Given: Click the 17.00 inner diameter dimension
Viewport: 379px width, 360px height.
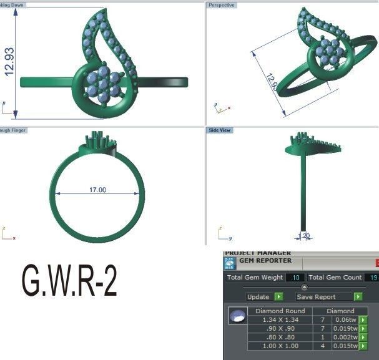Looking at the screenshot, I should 98,190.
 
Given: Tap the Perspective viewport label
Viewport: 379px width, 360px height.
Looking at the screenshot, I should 222,5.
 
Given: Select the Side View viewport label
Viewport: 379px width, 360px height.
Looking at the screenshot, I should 220,131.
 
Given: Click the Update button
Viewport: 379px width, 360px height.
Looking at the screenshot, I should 258,297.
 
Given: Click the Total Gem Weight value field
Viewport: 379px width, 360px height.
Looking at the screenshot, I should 296,277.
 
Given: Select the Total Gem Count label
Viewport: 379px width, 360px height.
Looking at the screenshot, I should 335,277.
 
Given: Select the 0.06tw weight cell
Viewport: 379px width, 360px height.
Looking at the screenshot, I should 344,319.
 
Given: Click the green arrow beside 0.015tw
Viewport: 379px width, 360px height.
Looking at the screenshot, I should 363,346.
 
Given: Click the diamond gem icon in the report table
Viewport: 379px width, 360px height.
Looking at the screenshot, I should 236,317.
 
